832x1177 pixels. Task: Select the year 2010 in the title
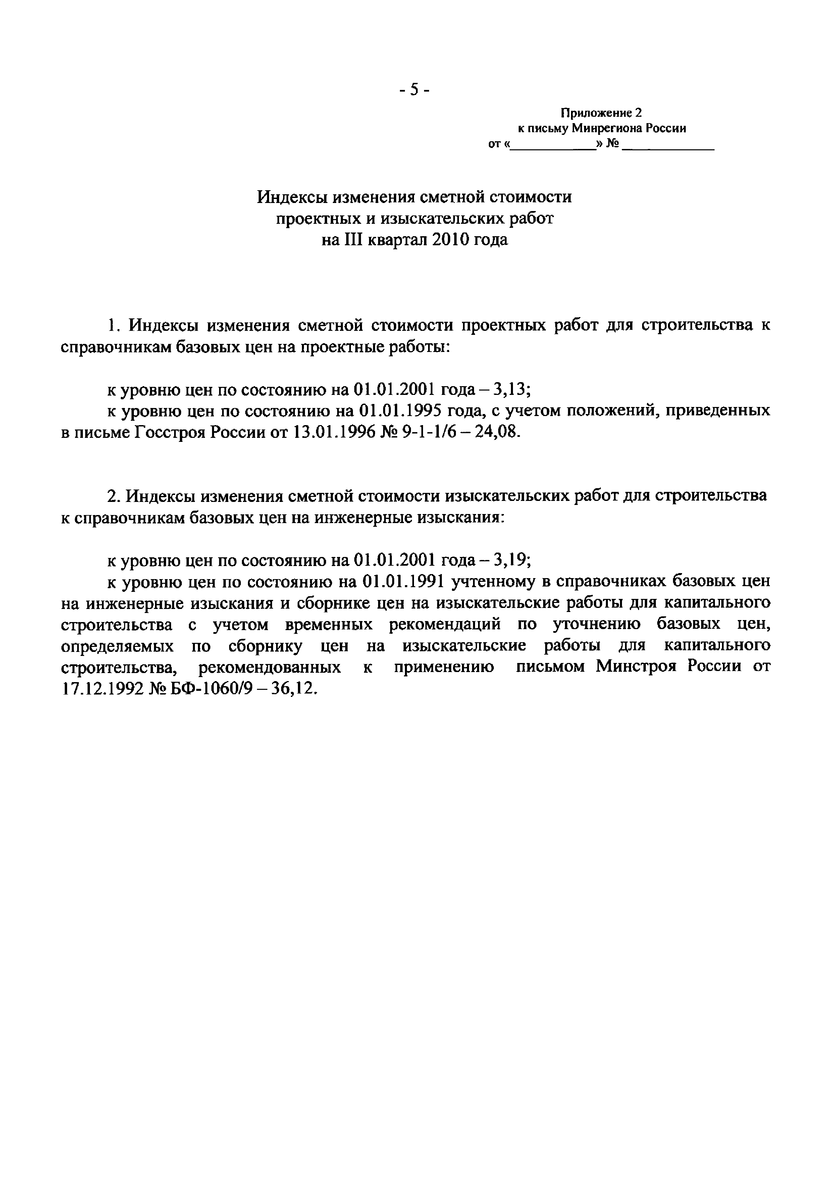(x=450, y=240)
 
